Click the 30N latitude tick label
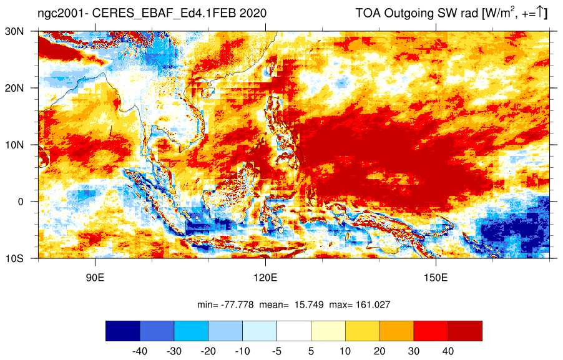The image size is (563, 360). (x=14, y=31)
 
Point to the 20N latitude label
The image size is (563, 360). (x=14, y=88)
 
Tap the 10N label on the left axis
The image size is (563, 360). (x=14, y=145)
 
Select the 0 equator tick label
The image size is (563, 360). (x=21, y=202)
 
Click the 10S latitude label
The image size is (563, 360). (x=14, y=258)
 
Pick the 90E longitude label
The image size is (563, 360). (x=95, y=278)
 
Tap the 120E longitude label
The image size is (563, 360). (x=265, y=278)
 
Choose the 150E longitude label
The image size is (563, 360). (x=436, y=278)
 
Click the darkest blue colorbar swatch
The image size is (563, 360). (x=123, y=331)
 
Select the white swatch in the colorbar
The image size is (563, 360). (x=294, y=331)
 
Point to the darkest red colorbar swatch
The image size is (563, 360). (x=465, y=331)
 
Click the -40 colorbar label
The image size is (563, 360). (x=140, y=351)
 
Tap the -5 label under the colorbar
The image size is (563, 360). (x=277, y=351)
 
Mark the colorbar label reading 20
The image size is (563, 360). (x=379, y=351)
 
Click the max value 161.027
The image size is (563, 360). (x=373, y=305)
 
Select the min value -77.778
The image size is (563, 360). (x=237, y=305)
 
